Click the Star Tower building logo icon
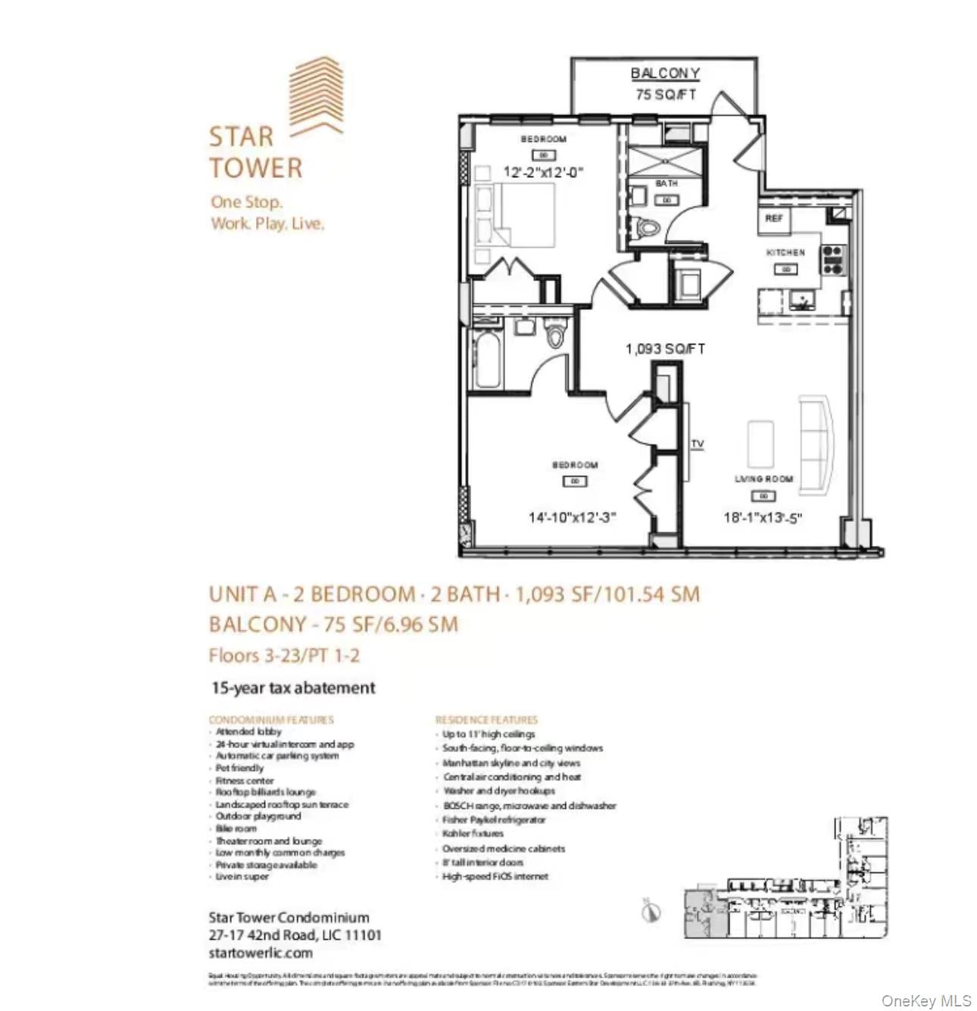coord(317,97)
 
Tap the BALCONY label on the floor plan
coord(664,73)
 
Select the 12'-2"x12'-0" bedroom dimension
coord(543,172)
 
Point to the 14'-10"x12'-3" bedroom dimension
coord(572,517)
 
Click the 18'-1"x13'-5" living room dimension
coord(763,518)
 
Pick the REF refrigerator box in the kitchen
coord(773,219)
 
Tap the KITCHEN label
coord(785,252)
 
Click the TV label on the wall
coord(697,445)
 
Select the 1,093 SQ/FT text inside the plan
coord(664,348)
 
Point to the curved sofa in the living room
coord(816,443)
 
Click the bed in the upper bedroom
coord(515,215)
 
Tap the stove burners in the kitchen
coord(832,259)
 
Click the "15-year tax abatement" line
coord(293,688)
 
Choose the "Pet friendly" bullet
coord(239,768)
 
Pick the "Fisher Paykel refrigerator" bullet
coord(494,819)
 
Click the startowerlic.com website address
coord(261,953)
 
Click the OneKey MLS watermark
coord(925,1001)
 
